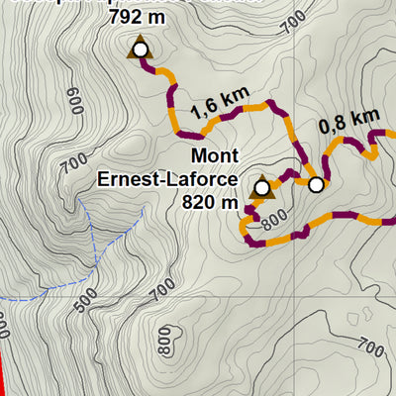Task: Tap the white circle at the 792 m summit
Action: [140, 49]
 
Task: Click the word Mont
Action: [215, 156]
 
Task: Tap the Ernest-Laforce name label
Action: [167, 179]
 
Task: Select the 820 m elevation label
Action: [212, 202]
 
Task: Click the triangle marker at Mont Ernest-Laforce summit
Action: [261, 186]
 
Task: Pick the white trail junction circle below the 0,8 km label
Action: [316, 184]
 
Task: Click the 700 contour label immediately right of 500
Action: [163, 290]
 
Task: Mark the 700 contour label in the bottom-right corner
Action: [367, 347]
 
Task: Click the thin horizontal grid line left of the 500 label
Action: [30, 298]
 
